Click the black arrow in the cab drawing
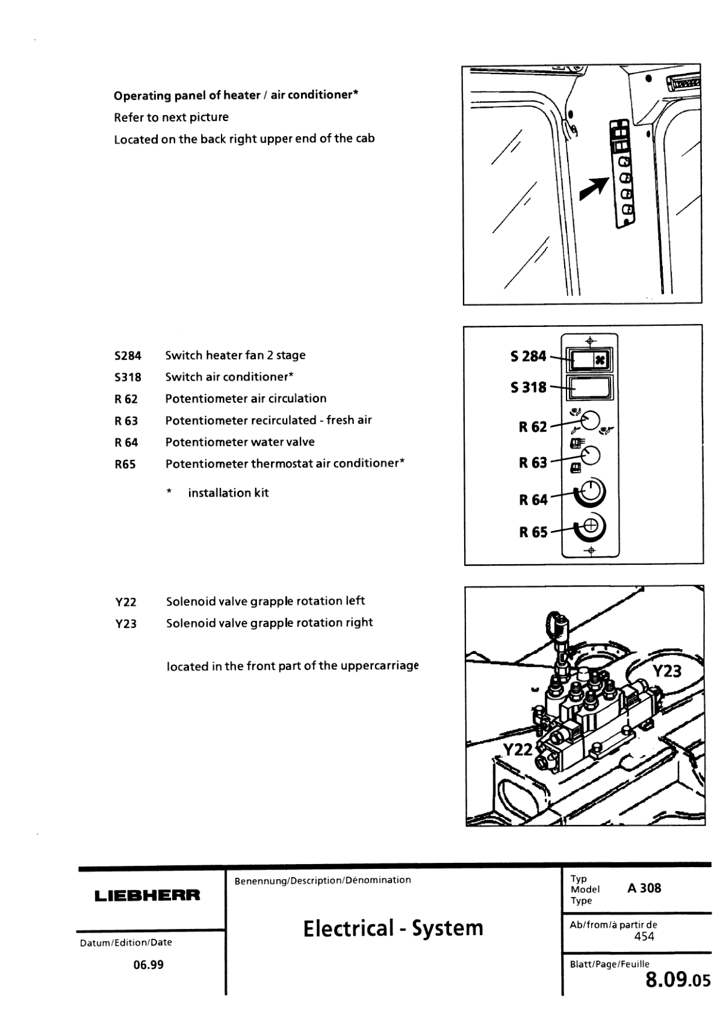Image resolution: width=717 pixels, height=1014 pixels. [x=592, y=189]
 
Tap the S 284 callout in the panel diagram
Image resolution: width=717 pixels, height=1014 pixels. [x=528, y=356]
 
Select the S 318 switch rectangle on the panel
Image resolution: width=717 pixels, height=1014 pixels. [x=589, y=388]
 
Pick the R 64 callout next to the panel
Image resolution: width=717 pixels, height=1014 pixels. [x=533, y=499]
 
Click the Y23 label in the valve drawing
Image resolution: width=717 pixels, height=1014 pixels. [x=666, y=671]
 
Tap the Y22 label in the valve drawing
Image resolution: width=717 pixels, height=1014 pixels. [x=517, y=749]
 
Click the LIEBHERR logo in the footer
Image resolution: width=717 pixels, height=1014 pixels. [x=147, y=895]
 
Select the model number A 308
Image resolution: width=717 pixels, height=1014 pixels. [x=644, y=888]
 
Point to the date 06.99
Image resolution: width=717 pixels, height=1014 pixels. [x=148, y=965]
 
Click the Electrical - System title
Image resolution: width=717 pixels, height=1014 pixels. [x=393, y=928]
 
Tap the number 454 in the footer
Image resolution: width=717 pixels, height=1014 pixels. [x=644, y=936]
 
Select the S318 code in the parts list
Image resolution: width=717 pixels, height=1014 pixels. [x=128, y=378]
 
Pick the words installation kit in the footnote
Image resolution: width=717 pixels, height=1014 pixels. [x=228, y=493]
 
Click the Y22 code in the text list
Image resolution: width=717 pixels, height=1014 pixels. [x=126, y=602]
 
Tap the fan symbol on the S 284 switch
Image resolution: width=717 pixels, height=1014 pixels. [x=600, y=361]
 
